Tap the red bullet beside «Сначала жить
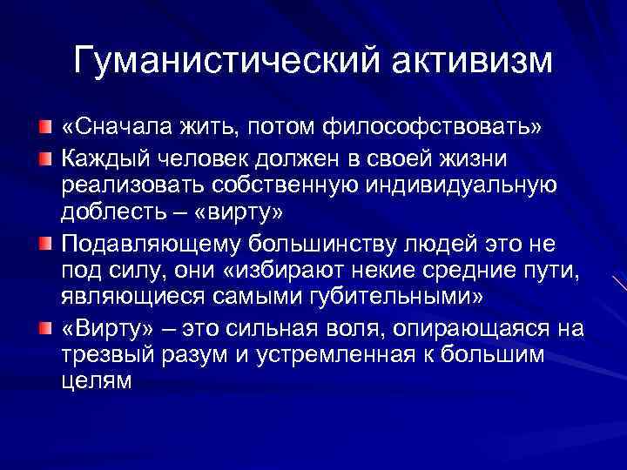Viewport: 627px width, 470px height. point(44,129)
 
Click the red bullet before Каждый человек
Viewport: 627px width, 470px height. point(44,160)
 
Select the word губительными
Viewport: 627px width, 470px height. point(408,296)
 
